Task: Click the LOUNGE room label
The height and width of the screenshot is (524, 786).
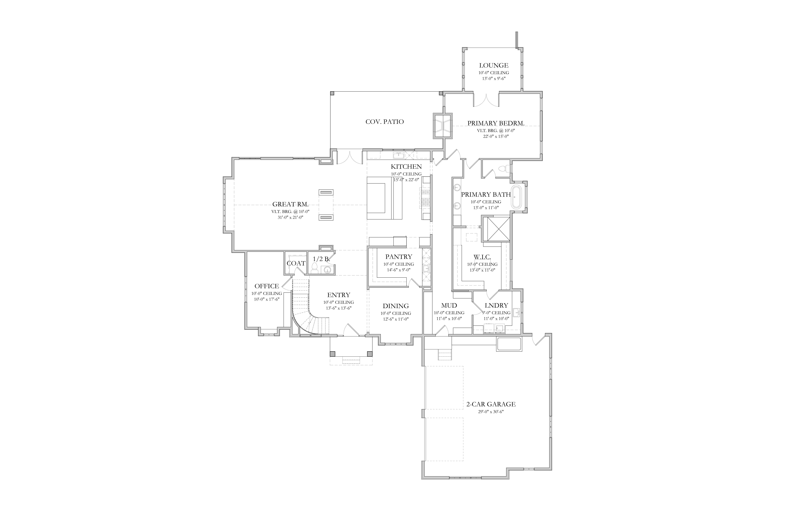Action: (494, 65)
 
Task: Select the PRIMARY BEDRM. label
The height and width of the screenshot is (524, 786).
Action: (496, 123)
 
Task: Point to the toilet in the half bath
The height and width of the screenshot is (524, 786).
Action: (314, 268)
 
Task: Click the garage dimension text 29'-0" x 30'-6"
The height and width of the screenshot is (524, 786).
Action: (491, 412)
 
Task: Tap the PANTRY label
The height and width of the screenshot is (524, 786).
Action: (399, 257)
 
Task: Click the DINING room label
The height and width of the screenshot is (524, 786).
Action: (396, 306)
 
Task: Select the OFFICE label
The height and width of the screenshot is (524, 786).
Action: (267, 286)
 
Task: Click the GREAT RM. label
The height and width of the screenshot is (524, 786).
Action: (290, 204)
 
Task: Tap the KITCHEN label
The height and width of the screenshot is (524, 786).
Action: (406, 166)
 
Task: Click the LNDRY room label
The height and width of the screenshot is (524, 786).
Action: (496, 305)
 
